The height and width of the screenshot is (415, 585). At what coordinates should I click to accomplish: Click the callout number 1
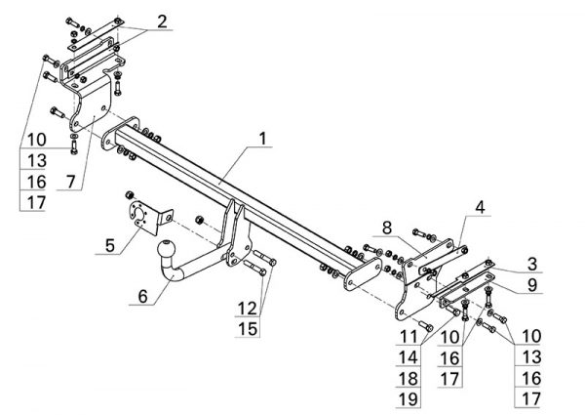(262, 141)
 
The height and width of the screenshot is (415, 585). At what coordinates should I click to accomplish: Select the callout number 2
(162, 20)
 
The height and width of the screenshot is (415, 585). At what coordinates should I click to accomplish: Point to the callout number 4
(480, 207)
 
